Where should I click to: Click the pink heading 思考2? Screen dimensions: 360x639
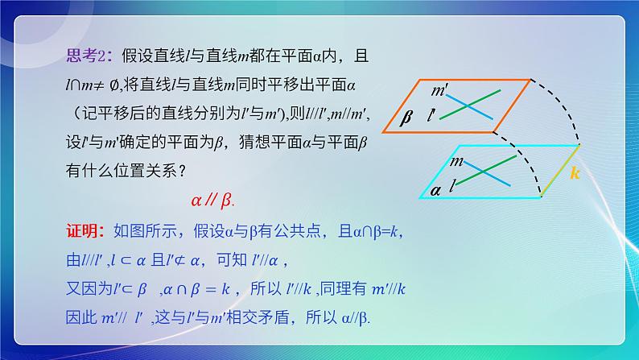[84, 56]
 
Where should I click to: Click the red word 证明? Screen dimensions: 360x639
[81, 232]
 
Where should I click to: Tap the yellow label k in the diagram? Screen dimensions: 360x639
[575, 173]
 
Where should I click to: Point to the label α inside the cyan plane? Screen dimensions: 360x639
[436, 190]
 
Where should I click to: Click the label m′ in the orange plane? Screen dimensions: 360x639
[440, 89]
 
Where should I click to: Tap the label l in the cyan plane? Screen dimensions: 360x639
[454, 186]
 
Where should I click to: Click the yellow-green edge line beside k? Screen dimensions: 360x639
[559, 171]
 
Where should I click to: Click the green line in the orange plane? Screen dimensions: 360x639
[470, 105]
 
